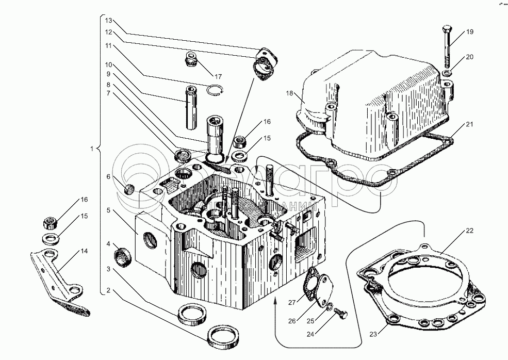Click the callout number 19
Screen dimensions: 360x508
(x=469, y=32)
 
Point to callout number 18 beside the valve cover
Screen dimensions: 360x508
(x=290, y=93)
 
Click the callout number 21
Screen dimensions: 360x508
(x=469, y=124)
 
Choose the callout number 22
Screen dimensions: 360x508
(x=469, y=230)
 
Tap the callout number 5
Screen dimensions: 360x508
(x=108, y=210)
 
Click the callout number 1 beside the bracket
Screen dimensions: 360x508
(x=92, y=150)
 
